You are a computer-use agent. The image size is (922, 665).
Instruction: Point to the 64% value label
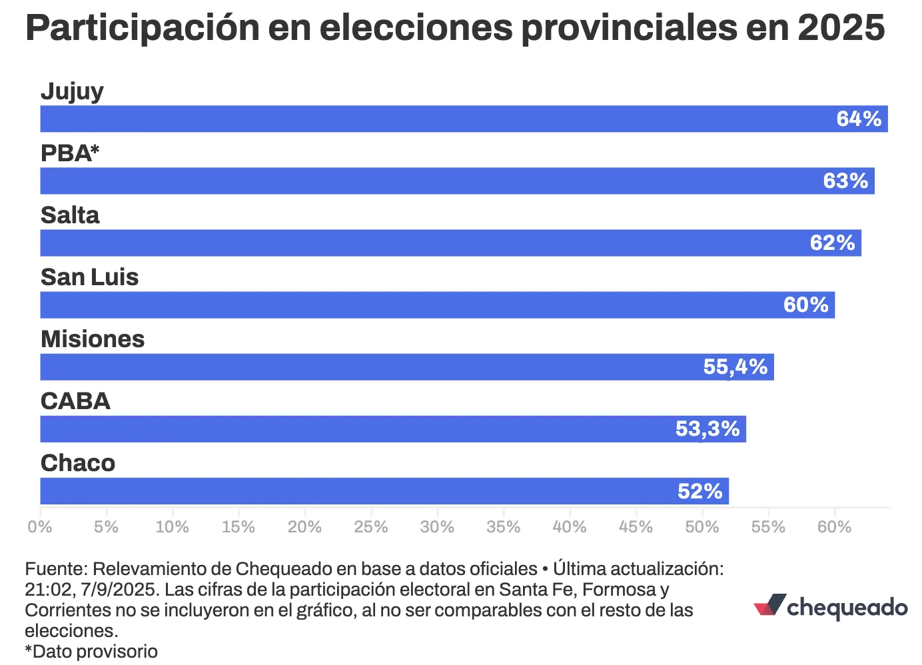pyautogui.click(x=859, y=119)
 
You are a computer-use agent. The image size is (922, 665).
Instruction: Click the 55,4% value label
pyautogui.click(x=735, y=367)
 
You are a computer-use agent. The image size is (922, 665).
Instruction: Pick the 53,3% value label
pyautogui.click(x=707, y=429)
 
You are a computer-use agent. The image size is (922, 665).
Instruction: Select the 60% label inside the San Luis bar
pyautogui.click(x=805, y=305)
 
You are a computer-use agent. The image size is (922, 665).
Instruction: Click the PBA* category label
pyautogui.click(x=70, y=153)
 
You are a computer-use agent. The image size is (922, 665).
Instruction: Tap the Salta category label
pyautogui.click(x=70, y=215)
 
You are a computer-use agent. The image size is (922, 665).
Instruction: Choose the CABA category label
pyautogui.click(x=75, y=401)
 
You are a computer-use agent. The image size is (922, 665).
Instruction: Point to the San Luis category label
pyautogui.click(x=89, y=277)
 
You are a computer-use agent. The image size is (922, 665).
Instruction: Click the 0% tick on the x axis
pyautogui.click(x=40, y=527)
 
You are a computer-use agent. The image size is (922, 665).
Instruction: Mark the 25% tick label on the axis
pyautogui.click(x=370, y=527)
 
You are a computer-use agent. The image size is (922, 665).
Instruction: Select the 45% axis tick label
pyautogui.click(x=636, y=527)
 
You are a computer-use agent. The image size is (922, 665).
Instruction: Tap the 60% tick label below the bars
pyautogui.click(x=834, y=527)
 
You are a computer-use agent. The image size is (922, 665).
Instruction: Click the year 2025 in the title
pyautogui.click(x=841, y=28)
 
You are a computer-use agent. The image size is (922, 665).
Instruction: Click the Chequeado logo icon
pyautogui.click(x=770, y=605)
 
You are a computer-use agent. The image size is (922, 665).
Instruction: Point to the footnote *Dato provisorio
pyautogui.click(x=91, y=651)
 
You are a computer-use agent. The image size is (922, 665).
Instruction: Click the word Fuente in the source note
pyautogui.click(x=55, y=569)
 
